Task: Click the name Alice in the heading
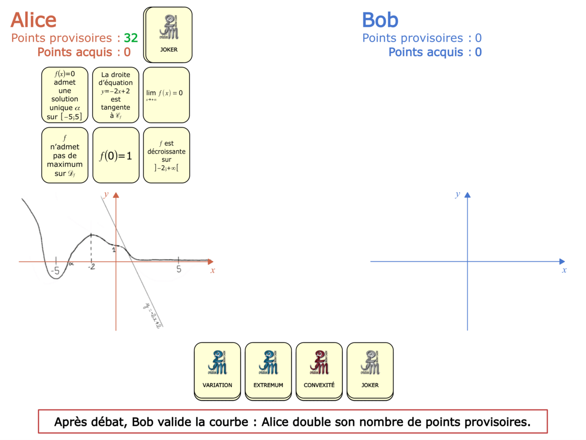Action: point(34,20)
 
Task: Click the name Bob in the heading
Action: point(380,20)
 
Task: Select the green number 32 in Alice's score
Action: point(131,38)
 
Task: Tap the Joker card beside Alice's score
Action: point(168,35)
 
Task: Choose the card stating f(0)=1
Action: point(116,155)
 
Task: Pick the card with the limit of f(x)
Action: point(166,95)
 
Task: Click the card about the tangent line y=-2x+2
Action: point(116,95)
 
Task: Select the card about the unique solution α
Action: point(65,95)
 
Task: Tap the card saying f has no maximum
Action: point(65,155)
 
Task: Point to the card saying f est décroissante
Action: point(166,155)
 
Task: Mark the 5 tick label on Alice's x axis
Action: point(179,269)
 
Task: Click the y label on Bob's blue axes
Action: point(458,195)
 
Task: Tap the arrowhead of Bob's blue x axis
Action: point(562,262)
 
